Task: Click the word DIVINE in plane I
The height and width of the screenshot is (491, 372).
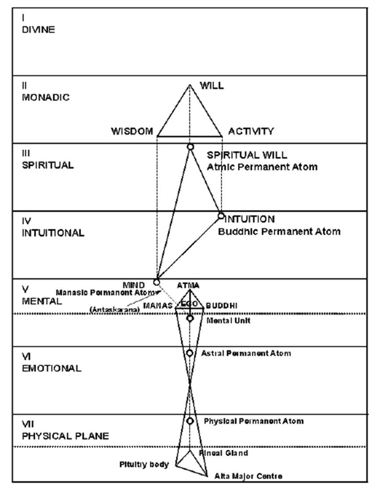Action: click(x=38, y=30)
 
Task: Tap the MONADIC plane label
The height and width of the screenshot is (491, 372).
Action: click(x=46, y=97)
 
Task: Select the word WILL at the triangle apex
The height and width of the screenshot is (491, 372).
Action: click(x=211, y=86)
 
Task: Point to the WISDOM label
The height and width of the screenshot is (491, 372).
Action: click(x=132, y=131)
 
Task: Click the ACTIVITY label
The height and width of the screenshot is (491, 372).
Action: click(x=251, y=131)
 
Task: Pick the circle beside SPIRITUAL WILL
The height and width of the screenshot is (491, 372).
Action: click(x=190, y=147)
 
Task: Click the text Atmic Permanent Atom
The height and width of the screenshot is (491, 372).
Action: click(x=262, y=167)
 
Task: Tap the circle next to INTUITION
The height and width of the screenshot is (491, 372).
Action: click(x=221, y=216)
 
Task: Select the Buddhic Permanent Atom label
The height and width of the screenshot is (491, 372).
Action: click(x=279, y=232)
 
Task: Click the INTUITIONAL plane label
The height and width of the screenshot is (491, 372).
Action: click(x=53, y=233)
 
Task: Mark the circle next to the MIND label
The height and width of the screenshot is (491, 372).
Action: click(x=156, y=282)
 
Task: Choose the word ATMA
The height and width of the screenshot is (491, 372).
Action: click(x=188, y=285)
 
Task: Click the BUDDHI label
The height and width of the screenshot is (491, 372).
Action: click(x=222, y=306)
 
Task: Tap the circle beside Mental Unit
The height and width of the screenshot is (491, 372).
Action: click(x=190, y=319)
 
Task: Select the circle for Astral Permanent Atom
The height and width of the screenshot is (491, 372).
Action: click(x=190, y=353)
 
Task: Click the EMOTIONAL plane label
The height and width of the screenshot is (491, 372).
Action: click(x=51, y=368)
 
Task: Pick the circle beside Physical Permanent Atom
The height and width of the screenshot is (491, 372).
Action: click(x=190, y=421)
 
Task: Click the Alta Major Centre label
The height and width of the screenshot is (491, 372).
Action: click(x=249, y=476)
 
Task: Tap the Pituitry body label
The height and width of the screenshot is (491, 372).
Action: click(x=144, y=465)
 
